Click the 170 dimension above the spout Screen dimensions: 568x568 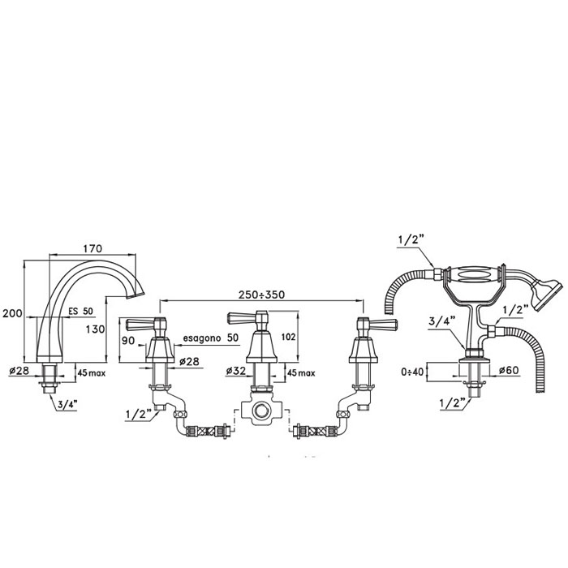coord(93,248)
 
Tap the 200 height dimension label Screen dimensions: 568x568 coord(12,313)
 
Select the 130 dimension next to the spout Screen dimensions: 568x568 coord(95,329)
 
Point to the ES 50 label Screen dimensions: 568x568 coord(81,311)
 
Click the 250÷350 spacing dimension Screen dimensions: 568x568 coord(261,295)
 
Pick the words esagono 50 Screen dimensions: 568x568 coord(211,338)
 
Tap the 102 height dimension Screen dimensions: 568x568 coord(288,337)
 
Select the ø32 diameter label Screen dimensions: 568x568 coord(236,371)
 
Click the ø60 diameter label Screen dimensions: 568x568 coord(509,370)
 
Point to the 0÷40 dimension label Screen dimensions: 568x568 coord(412,372)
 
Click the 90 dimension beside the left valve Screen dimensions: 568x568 coord(128,341)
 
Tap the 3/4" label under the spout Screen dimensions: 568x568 coord(67,405)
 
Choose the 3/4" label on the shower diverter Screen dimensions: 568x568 coord(439,321)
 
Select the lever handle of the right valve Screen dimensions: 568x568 coord(383,324)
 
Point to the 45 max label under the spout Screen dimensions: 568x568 coord(92,372)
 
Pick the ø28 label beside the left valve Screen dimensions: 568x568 coord(189,361)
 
